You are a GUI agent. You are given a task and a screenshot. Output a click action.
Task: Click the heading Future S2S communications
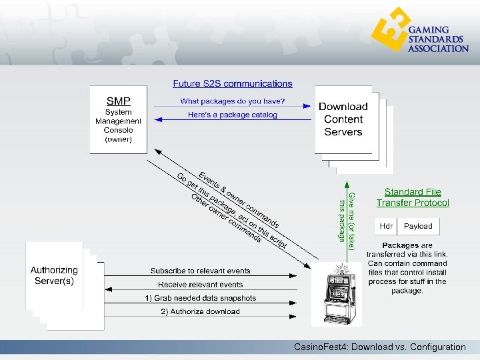click(233, 84)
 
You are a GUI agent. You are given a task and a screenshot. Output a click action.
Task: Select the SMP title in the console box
click(119, 101)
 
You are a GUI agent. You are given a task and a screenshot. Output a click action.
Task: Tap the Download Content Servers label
click(343, 119)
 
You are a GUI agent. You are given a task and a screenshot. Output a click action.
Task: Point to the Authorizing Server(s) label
click(54, 275)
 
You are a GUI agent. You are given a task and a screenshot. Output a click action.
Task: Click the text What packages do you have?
click(233, 101)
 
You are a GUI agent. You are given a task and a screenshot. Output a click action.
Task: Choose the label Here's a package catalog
click(233, 115)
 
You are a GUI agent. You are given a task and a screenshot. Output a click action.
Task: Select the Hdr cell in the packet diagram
click(386, 226)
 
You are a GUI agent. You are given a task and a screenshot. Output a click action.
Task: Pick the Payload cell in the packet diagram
click(418, 226)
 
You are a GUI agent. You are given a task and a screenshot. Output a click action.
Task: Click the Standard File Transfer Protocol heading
click(413, 197)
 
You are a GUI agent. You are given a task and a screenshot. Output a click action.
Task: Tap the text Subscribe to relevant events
click(201, 271)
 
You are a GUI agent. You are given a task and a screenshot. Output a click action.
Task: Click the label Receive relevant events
click(201, 285)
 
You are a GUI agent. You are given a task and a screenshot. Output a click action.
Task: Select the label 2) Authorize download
click(201, 311)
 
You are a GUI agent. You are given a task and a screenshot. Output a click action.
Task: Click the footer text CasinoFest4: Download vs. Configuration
click(380, 347)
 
